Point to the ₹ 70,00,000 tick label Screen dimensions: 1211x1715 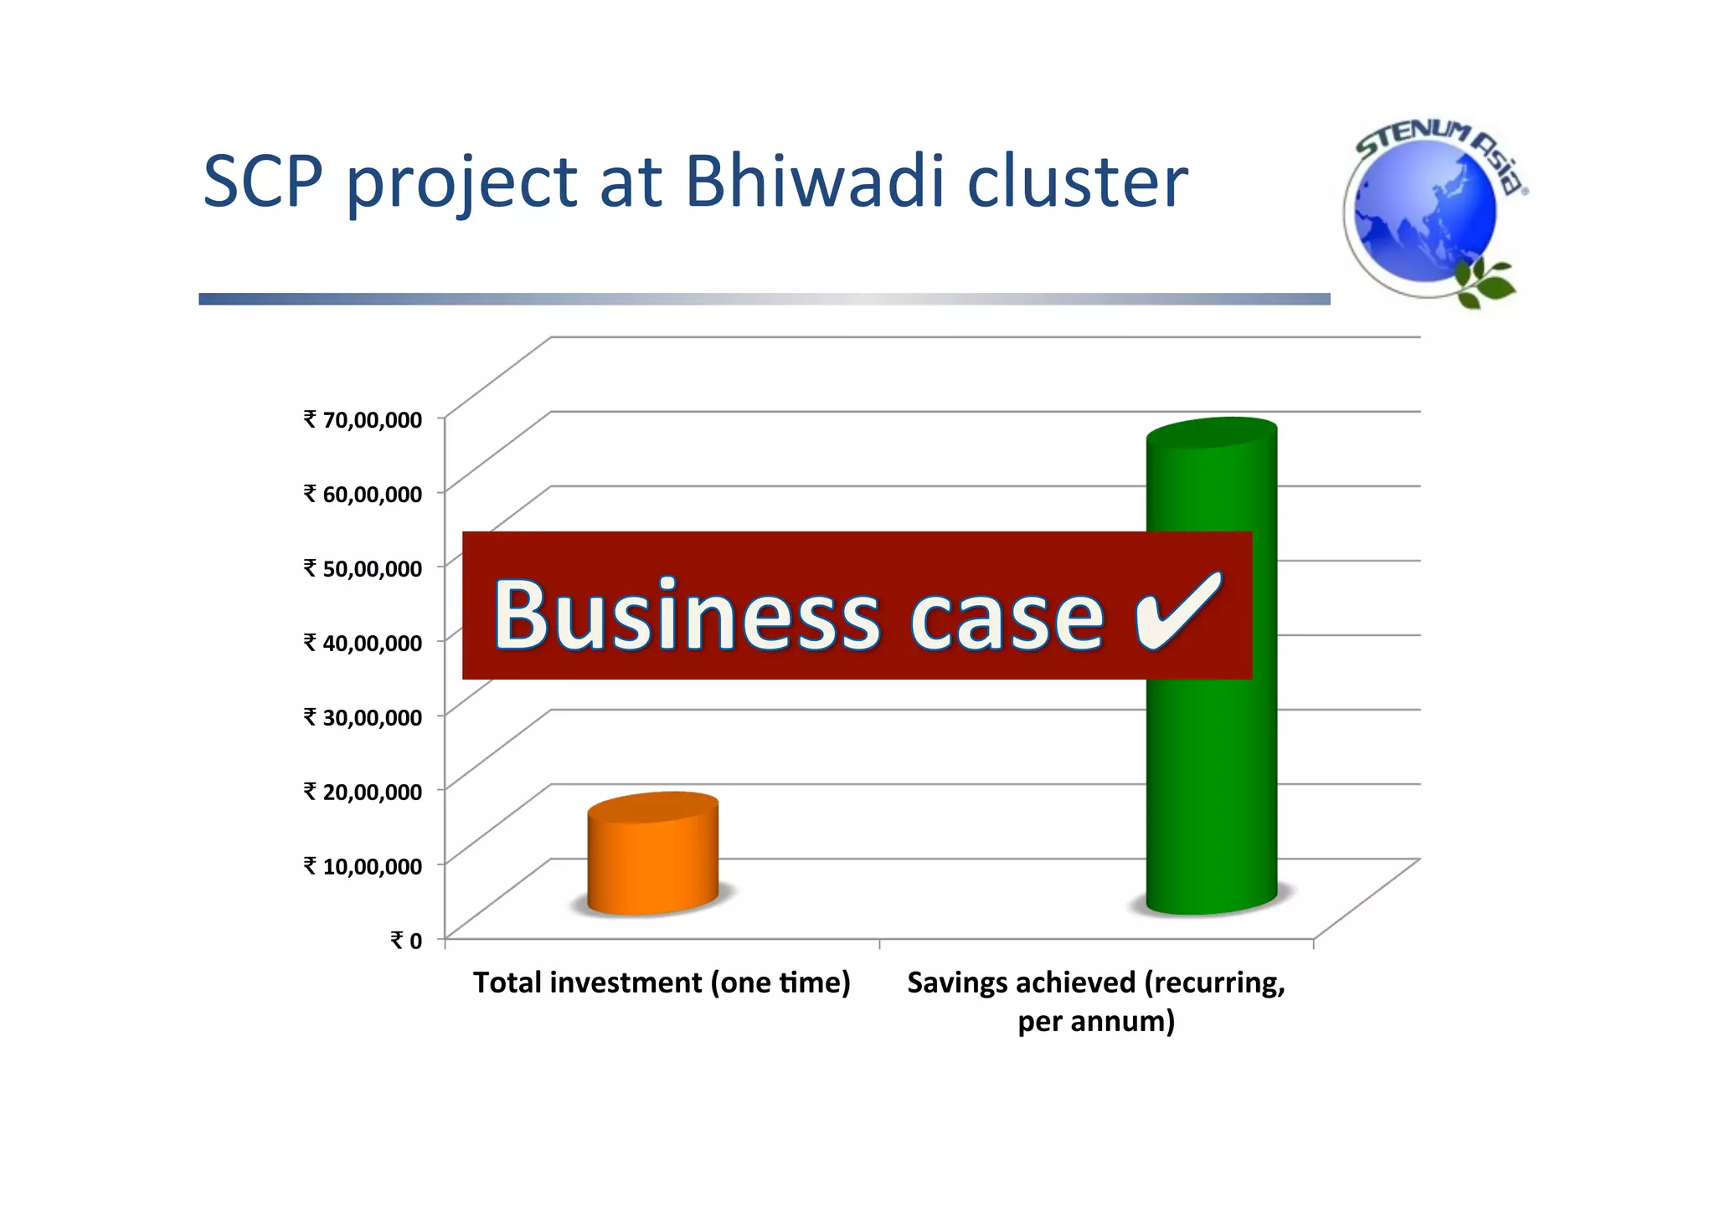[x=363, y=419]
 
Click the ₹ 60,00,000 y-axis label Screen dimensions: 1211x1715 [x=363, y=494]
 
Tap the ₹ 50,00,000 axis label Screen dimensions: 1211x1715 [x=363, y=568]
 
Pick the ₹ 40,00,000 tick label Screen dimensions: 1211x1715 [x=363, y=643]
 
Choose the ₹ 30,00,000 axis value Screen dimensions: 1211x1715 [x=363, y=717]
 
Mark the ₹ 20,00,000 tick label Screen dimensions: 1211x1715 [x=363, y=792]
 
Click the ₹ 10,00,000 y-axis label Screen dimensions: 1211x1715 [x=363, y=866]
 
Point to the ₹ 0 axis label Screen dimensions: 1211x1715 [x=406, y=941]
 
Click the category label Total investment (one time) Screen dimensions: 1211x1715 [x=662, y=983]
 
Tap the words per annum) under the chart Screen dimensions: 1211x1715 [x=1096, y=1022]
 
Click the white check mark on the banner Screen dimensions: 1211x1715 [x=1177, y=612]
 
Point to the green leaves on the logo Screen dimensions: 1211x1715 [x=1485, y=283]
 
